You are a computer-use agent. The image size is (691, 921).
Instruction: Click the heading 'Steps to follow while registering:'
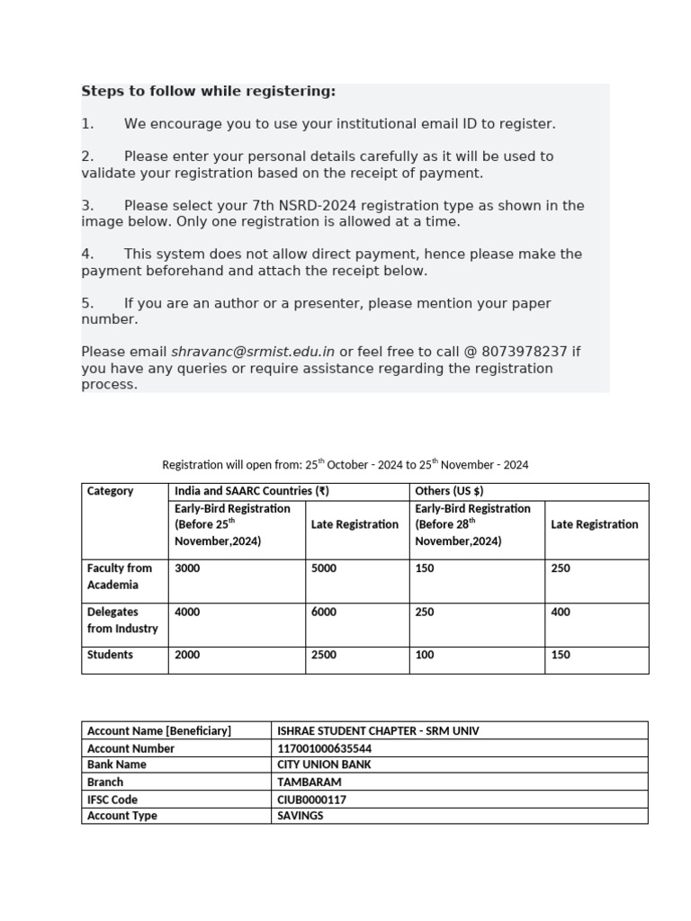[x=208, y=92]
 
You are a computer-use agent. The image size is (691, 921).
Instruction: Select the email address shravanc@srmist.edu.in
[x=253, y=352]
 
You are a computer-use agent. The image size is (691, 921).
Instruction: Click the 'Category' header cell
[x=110, y=491]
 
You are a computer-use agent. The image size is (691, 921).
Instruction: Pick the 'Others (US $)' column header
[x=449, y=491]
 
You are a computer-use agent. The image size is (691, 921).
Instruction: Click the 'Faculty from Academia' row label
[x=119, y=577]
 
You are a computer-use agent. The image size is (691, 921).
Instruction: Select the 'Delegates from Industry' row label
[x=121, y=621]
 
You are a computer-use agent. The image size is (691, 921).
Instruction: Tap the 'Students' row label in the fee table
[x=110, y=655]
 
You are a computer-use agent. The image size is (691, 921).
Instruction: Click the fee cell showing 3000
[x=187, y=568]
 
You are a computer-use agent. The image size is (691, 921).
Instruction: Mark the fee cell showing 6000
[x=324, y=613]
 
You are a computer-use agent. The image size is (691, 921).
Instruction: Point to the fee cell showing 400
[x=561, y=613]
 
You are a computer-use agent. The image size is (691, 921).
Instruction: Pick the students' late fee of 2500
[x=324, y=655]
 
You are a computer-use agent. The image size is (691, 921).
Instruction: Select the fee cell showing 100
[x=425, y=655]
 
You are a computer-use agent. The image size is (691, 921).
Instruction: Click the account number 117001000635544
[x=324, y=748]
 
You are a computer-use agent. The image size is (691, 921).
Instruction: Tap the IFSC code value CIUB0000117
[x=311, y=800]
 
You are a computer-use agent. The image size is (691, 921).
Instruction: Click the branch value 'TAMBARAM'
[x=310, y=782]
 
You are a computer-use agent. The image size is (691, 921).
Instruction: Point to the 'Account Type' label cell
[x=121, y=816]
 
